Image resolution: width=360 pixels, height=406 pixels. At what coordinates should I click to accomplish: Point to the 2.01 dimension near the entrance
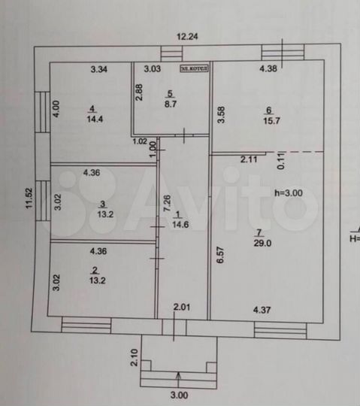coord(183,306)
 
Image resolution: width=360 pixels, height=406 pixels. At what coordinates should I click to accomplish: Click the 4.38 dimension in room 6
coord(268,70)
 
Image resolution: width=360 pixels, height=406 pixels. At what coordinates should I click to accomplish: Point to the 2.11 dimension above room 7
coord(250,159)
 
